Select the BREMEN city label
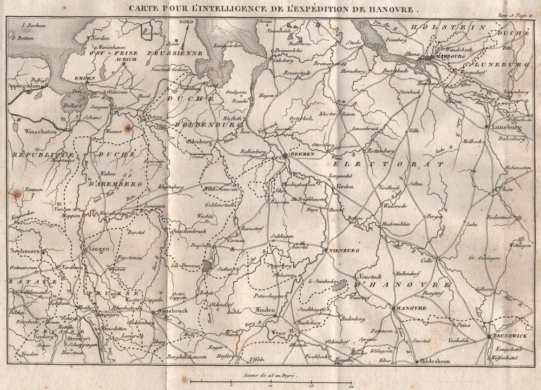(298, 155)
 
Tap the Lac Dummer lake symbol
(208, 265)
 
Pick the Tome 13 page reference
(516, 17)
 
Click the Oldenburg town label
(199, 141)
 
